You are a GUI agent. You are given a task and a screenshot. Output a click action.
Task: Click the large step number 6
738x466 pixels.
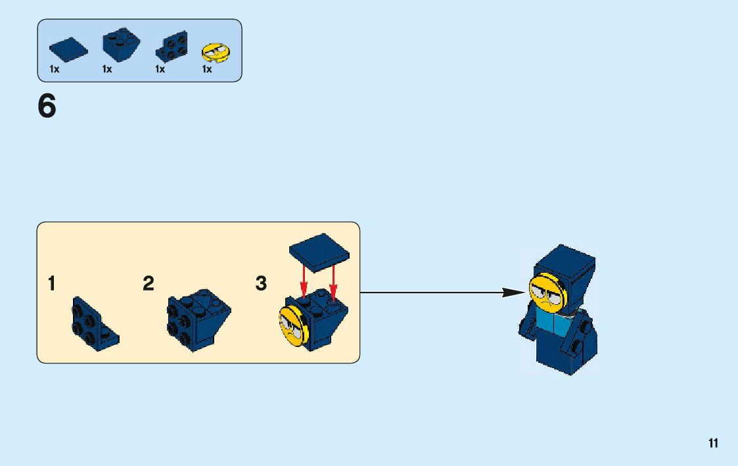(47, 106)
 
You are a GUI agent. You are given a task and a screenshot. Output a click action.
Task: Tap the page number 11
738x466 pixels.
(713, 444)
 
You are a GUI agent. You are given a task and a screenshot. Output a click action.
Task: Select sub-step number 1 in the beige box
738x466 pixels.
(51, 284)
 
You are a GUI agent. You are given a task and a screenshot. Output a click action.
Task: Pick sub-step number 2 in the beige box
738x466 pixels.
(149, 284)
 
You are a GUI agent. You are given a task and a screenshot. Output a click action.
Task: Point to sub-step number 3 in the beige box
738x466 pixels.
(261, 284)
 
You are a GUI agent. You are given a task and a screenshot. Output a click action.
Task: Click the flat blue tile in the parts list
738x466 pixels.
(68, 50)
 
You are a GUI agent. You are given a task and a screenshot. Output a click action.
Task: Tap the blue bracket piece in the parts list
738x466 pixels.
(171, 47)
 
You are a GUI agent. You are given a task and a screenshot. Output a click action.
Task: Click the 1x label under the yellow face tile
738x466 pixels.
(207, 69)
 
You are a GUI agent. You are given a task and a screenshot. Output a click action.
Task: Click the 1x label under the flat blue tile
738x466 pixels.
(55, 69)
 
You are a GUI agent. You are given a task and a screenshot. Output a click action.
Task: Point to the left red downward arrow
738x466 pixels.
(304, 281)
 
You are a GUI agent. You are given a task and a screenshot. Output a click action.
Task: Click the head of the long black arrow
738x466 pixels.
(512, 292)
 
